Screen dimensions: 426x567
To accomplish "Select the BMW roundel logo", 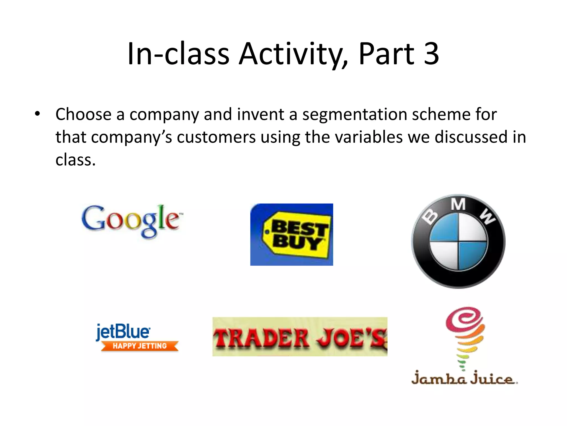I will (x=458, y=241).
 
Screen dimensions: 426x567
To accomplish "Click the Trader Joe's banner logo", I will (x=300, y=337).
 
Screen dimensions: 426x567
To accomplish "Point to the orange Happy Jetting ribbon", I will (x=140, y=346).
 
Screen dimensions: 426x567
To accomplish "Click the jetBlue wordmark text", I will (x=123, y=332).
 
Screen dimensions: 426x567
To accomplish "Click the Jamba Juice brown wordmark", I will (x=464, y=378).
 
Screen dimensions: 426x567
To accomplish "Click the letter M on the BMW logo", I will (x=458, y=205).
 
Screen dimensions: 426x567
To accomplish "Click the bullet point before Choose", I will (x=37, y=114).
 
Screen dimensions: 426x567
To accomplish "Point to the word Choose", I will (x=83, y=114).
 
